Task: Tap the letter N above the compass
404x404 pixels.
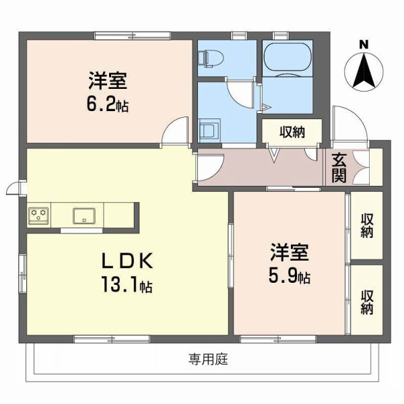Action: click(364, 44)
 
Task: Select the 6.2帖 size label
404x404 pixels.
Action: click(108, 106)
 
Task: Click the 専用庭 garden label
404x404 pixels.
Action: click(208, 360)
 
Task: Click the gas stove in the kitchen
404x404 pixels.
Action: click(38, 215)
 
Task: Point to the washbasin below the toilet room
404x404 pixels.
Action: click(209, 128)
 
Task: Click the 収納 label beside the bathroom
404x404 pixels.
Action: click(292, 132)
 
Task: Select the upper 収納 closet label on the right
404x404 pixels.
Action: click(367, 225)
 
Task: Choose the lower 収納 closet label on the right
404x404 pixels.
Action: click(367, 301)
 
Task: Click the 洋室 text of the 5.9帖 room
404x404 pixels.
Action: click(290, 253)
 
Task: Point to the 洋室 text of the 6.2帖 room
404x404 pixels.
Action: click(108, 81)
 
